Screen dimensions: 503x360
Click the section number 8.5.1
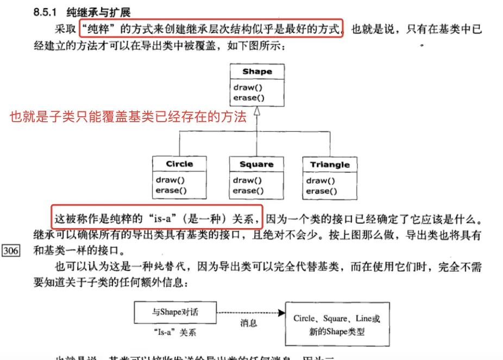tap(45, 11)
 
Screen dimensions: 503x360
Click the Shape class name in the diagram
tap(257, 72)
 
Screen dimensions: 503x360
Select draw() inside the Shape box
tap(246, 87)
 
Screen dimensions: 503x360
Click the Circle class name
tap(179, 163)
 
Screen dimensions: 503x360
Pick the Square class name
tap(256, 164)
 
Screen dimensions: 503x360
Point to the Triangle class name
tap(330, 165)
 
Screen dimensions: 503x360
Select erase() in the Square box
tap(248, 191)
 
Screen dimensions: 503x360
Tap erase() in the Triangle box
tap(322, 191)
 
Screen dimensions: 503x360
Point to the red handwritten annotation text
tap(128, 116)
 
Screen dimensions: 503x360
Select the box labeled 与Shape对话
tap(175, 313)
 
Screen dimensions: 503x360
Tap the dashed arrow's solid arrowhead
tap(280, 313)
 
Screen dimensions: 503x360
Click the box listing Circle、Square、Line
tap(336, 325)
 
